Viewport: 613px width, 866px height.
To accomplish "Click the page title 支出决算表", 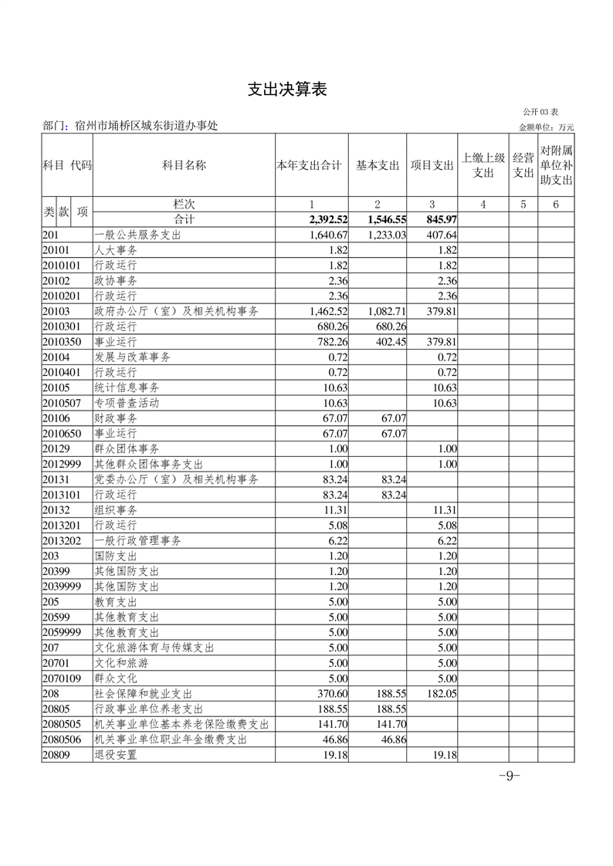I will point(287,90).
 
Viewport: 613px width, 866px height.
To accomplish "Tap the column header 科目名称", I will point(184,165).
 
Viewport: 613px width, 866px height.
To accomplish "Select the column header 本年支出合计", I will point(309,165).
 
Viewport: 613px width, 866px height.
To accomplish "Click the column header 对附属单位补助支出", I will point(556,165).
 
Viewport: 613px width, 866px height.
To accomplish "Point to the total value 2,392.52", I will point(327,220).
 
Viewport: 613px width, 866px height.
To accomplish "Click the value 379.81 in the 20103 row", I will point(442,311).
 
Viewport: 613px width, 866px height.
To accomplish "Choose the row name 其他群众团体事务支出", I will point(148,464).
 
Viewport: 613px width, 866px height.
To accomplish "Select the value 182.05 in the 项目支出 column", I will point(442,694).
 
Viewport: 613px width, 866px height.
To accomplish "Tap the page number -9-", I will point(510,776).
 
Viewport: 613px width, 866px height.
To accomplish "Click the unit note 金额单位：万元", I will point(546,127).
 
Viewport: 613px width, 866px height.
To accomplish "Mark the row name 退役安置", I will point(116,755).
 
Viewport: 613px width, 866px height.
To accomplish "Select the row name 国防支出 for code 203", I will point(116,556).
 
